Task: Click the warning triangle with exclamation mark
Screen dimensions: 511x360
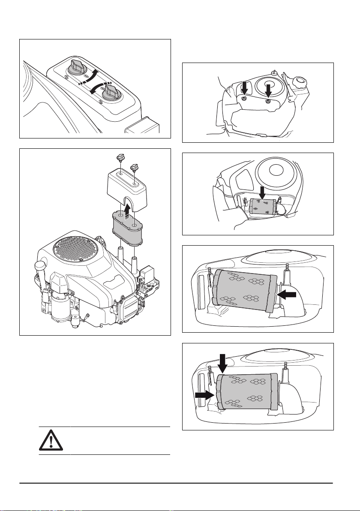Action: pyautogui.click(x=50, y=441)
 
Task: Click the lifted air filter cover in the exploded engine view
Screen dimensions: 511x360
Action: pyautogui.click(x=129, y=183)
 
